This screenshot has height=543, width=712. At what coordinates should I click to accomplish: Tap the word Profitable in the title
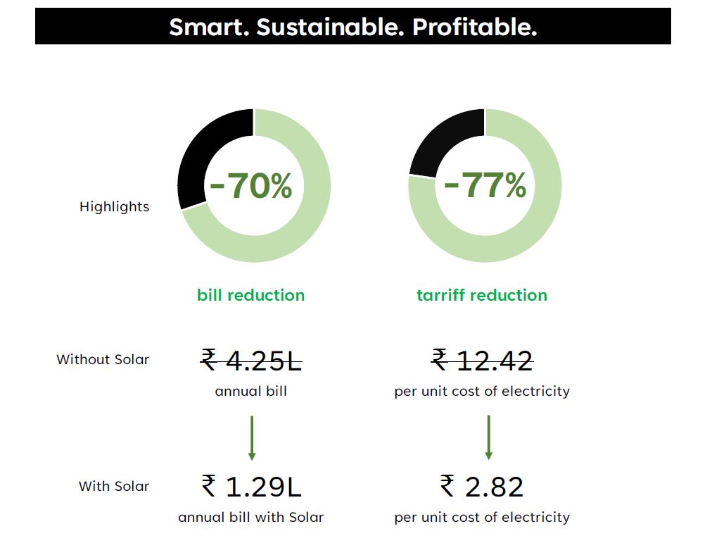[475, 27]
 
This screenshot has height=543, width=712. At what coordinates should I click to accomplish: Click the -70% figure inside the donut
[251, 187]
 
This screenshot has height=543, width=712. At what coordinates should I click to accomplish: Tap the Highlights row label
[114, 207]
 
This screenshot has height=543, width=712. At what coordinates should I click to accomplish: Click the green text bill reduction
[251, 295]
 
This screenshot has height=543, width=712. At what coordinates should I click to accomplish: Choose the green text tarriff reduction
[482, 295]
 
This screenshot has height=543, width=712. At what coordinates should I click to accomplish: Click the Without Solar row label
[103, 360]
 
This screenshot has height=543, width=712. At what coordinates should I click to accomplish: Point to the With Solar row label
[114, 487]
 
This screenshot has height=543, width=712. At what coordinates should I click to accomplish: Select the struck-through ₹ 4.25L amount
[251, 361]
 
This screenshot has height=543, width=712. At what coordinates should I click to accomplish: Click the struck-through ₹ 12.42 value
[483, 361]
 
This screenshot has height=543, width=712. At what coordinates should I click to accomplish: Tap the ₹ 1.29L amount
[251, 487]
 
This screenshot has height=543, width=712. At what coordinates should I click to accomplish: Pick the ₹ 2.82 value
[482, 487]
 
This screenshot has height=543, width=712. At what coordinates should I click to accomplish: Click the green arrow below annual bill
[252, 437]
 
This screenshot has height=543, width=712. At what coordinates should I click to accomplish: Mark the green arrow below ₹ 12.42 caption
[489, 437]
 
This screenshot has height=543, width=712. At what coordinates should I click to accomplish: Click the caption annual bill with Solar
[251, 518]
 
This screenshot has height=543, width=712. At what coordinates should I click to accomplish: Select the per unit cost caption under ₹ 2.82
[482, 518]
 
